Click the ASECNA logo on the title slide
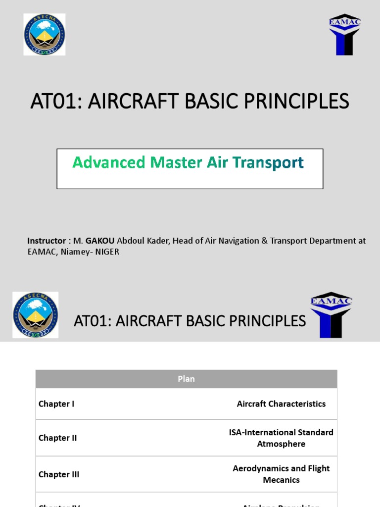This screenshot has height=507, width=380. point(45,34)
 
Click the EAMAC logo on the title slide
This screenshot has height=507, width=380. point(345,34)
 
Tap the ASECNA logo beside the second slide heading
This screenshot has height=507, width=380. point(35,315)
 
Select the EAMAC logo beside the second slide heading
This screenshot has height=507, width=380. point(331,315)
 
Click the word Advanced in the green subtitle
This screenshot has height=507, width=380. point(109,162)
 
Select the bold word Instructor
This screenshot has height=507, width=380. point(47,241)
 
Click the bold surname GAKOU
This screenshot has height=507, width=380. point(100,241)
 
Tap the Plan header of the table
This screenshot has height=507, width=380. point(186,379)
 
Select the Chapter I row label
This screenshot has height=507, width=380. point(56,404)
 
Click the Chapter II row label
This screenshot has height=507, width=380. point(57,438)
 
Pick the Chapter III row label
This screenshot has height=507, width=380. point(59,474)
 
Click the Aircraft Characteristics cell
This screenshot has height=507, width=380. point(281,404)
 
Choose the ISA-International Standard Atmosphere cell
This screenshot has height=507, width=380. point(281,438)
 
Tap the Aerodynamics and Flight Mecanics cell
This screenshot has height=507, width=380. point(281,474)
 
